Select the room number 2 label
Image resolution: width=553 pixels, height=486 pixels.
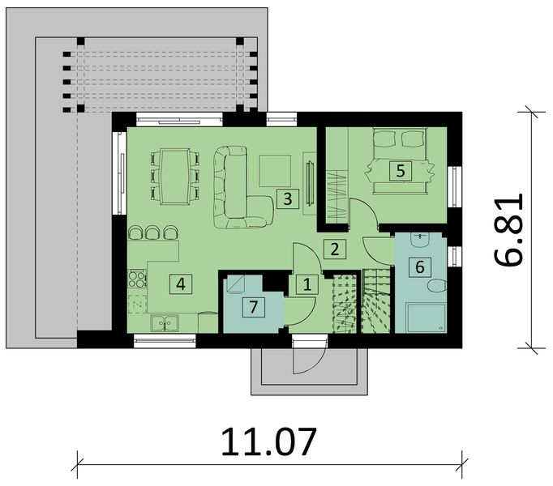[x=334, y=249]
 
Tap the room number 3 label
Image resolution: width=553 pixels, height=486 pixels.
[x=284, y=198]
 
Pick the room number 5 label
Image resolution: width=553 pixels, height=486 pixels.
[x=399, y=170]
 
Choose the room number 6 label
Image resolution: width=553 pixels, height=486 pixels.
[x=418, y=266]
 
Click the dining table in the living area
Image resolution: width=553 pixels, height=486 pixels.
[x=174, y=173]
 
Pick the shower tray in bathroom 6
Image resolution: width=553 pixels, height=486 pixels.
[x=423, y=318]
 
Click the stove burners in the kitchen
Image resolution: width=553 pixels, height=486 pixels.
[x=137, y=281]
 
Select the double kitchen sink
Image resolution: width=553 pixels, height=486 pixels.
[x=166, y=323]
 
